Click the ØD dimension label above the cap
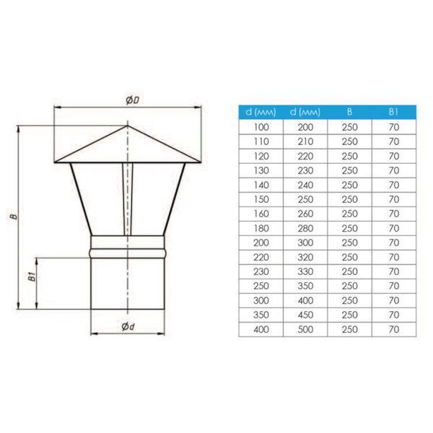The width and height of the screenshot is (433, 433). point(133,100)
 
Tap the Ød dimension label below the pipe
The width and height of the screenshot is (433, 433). point(128,327)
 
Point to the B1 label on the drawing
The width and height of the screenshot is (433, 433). point(32,276)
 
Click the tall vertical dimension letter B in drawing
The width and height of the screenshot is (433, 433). point(14,216)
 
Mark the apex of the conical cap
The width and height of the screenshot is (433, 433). point(127,126)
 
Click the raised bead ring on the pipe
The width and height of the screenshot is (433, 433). point(128,253)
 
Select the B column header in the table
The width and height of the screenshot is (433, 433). point(349,112)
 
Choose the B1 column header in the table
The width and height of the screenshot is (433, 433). point(393,112)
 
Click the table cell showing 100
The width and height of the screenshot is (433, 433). point(261,127)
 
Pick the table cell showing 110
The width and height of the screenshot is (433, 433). point(261,141)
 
